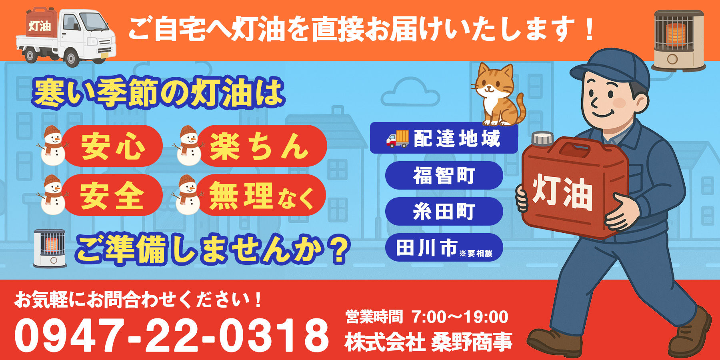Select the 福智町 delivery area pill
click(x=444, y=176)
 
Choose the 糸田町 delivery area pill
click(x=444, y=212)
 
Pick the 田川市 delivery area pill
click(x=444, y=248)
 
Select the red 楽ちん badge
click(x=260, y=146)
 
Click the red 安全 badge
click(x=112, y=195)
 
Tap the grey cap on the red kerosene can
click(x=543, y=138)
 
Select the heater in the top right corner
click(x=678, y=40)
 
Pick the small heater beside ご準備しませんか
click(x=50, y=248)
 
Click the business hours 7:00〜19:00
click(x=460, y=317)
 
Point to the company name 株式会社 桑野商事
click(x=428, y=342)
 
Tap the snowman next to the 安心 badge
click(x=53, y=146)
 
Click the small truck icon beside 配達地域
click(x=397, y=139)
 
